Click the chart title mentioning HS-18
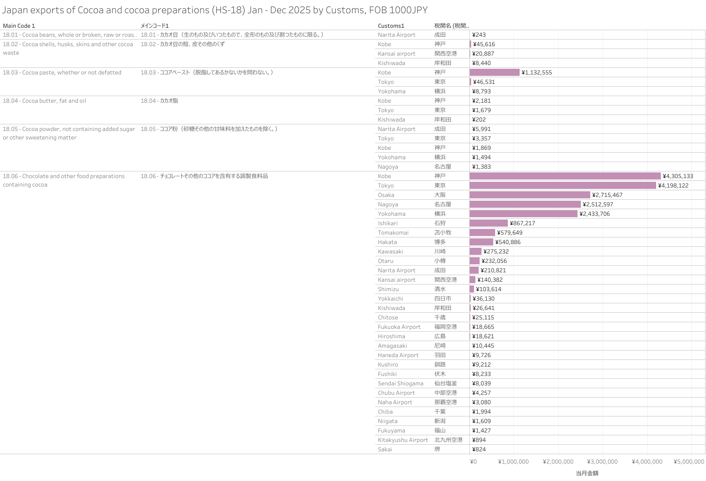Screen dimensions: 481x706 coord(215,10)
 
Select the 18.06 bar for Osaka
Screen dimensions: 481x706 coord(529,195)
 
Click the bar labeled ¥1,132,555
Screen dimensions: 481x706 coord(494,73)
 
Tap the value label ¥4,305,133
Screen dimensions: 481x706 coord(678,176)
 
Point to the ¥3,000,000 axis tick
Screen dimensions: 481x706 coord(602,462)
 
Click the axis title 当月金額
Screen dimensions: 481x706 coord(587,473)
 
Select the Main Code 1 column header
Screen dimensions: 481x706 coord(19,26)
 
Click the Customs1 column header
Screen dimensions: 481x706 coord(391,26)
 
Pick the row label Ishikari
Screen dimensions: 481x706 coord(388,223)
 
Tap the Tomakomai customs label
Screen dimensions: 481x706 coord(393,233)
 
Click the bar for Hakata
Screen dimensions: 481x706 coord(481,242)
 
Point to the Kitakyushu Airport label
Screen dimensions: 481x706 coord(403,440)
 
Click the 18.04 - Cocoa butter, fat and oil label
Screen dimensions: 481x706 coord(44,101)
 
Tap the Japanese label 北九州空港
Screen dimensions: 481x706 coord(448,440)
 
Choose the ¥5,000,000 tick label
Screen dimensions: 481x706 coord(689,462)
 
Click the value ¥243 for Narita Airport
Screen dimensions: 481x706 coord(479,35)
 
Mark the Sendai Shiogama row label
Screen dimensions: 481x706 coord(401,383)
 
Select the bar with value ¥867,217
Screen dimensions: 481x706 coord(489,223)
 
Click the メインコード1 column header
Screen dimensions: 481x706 coord(154,26)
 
